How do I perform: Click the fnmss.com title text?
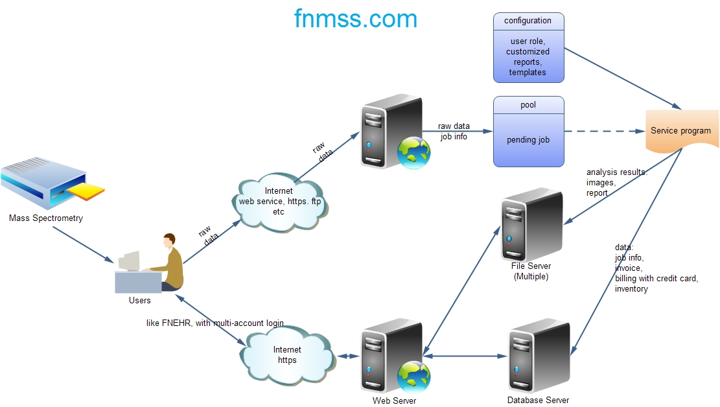355,19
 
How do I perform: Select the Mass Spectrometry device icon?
49,185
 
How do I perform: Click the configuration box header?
528,21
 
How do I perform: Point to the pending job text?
528,139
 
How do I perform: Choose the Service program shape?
680,130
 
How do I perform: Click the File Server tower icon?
531,224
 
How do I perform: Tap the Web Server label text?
394,401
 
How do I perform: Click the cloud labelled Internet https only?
287,355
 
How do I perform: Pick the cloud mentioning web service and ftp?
279,201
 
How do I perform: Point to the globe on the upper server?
413,153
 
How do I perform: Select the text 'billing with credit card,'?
656,279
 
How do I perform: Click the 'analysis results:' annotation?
617,172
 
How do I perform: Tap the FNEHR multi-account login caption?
215,323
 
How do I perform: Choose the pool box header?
528,105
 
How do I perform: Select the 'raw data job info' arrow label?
454,131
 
